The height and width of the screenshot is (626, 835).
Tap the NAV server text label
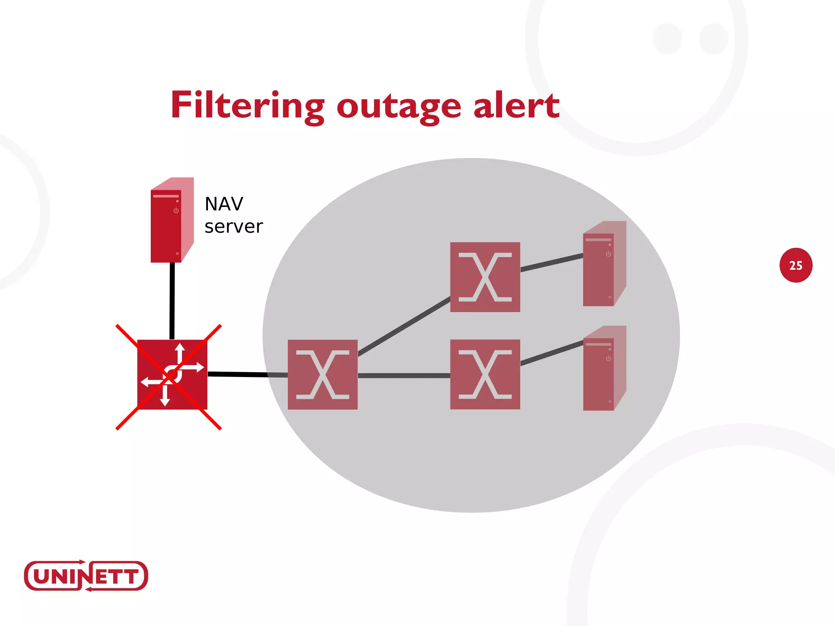click(233, 215)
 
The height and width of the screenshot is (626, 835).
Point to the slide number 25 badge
click(795, 265)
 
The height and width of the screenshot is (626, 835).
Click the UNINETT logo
click(86, 576)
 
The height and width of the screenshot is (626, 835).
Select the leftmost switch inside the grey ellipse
click(323, 375)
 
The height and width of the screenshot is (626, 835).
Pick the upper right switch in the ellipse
click(485, 277)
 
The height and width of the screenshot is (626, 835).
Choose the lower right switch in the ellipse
click(485, 375)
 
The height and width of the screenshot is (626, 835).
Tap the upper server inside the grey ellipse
click(603, 265)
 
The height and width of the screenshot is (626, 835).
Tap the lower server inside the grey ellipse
click(603, 369)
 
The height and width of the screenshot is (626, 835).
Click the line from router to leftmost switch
click(245, 374)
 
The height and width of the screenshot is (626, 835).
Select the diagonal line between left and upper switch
click(404, 327)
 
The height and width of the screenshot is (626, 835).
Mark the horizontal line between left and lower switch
click(404, 375)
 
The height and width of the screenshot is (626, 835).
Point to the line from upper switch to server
click(551, 262)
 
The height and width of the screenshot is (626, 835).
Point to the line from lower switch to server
click(551, 353)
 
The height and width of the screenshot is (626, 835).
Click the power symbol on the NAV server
click(176, 211)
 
